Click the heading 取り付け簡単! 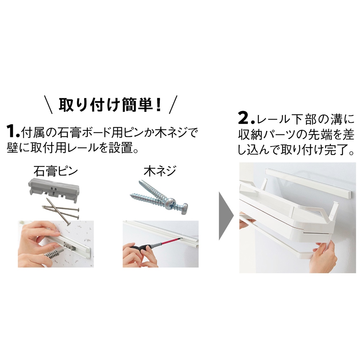pyautogui.click(x=110, y=105)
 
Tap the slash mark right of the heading pyautogui.click(x=173, y=105)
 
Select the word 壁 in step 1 pyautogui.click(x=13, y=148)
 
